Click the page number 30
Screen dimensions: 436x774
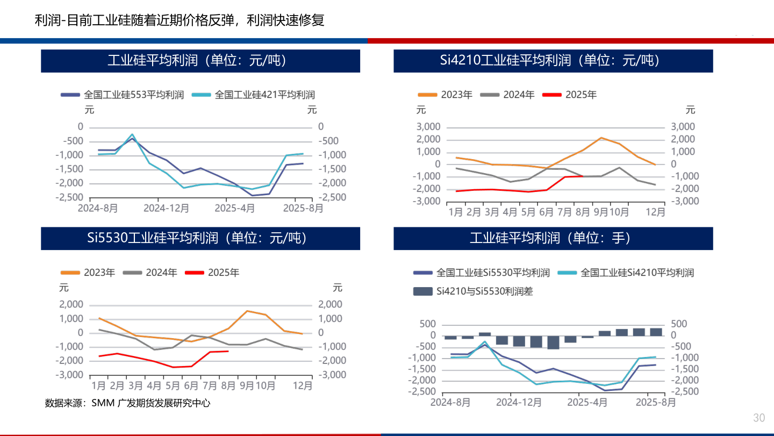tap(759, 418)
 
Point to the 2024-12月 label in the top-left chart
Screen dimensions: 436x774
tap(159, 208)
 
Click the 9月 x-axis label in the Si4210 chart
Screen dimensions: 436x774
tap(600, 212)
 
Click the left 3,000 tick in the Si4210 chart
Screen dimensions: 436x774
tap(429, 127)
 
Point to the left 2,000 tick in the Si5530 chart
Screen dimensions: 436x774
tap(72, 305)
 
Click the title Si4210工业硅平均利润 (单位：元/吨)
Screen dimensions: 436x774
tap(553, 60)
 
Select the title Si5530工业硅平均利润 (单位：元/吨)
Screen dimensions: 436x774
tap(200, 238)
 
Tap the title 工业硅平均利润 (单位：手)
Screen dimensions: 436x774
tap(553, 238)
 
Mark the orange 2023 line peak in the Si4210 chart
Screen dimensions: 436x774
tap(601, 138)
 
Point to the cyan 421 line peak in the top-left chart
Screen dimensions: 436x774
tap(132, 134)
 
